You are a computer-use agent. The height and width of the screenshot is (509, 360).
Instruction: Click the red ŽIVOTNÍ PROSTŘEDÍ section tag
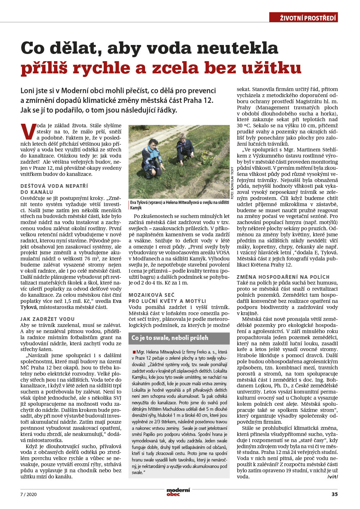(303, 18)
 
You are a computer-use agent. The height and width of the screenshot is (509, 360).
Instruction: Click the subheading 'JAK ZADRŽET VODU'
(48, 319)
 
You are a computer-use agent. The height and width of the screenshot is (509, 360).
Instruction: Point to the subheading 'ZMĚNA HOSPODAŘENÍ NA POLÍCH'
(283, 277)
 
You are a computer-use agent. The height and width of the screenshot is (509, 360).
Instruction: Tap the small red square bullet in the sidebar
(134, 351)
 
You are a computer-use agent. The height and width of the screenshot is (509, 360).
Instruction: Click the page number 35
(334, 494)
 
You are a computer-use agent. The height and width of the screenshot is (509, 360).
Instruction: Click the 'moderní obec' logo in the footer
(178, 492)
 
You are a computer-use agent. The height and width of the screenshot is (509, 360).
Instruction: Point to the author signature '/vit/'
(332, 477)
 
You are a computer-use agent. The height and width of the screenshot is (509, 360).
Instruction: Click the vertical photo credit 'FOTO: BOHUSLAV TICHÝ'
(232, 183)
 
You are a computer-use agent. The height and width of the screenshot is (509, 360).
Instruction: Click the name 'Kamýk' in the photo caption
(136, 208)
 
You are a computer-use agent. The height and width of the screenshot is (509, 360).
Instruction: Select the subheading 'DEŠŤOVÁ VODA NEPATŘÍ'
(54, 186)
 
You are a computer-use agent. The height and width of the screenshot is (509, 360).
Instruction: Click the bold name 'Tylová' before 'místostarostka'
(29, 307)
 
